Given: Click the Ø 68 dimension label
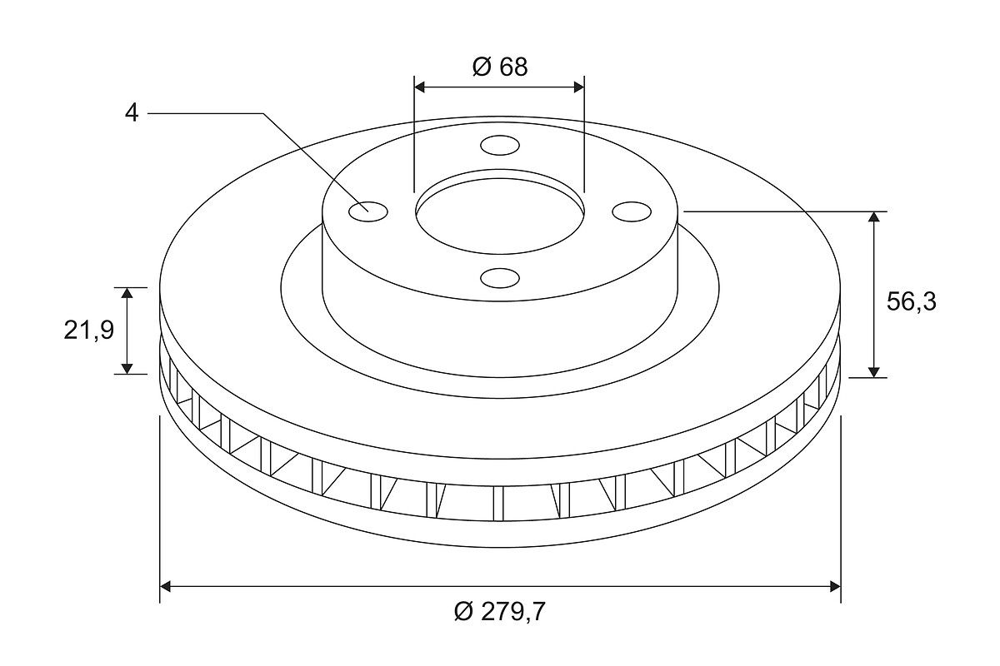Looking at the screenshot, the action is click(499, 67).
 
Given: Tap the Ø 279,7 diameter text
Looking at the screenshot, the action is click(499, 611).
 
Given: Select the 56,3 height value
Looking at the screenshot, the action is click(911, 301).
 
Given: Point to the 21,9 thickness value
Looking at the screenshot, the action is click(89, 331).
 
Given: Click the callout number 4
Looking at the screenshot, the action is click(132, 113).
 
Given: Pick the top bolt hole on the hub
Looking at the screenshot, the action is click(500, 146).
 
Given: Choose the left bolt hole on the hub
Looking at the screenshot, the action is click(367, 211).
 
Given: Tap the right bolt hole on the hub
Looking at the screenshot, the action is click(632, 211).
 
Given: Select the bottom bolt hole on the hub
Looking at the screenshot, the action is click(500, 278).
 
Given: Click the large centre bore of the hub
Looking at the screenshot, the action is click(499, 216).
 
